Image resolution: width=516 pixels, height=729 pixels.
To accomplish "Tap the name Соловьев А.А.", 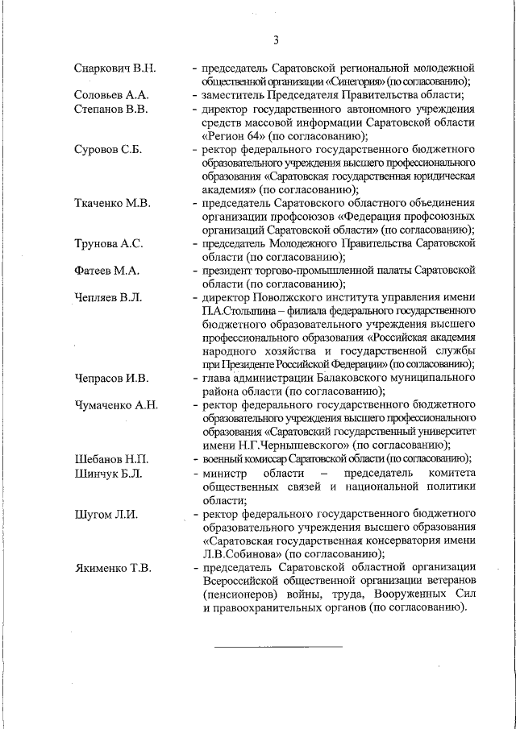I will click(x=110, y=95).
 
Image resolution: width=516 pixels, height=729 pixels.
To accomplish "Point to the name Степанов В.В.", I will click(x=110, y=109).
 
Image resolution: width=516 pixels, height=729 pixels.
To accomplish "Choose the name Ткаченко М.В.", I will click(x=112, y=204).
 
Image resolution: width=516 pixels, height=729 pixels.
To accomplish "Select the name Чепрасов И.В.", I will click(x=111, y=378).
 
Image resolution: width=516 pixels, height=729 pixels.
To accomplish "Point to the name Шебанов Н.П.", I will click(x=110, y=459).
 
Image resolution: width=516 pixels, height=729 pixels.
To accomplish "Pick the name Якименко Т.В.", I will click(x=112, y=568).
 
